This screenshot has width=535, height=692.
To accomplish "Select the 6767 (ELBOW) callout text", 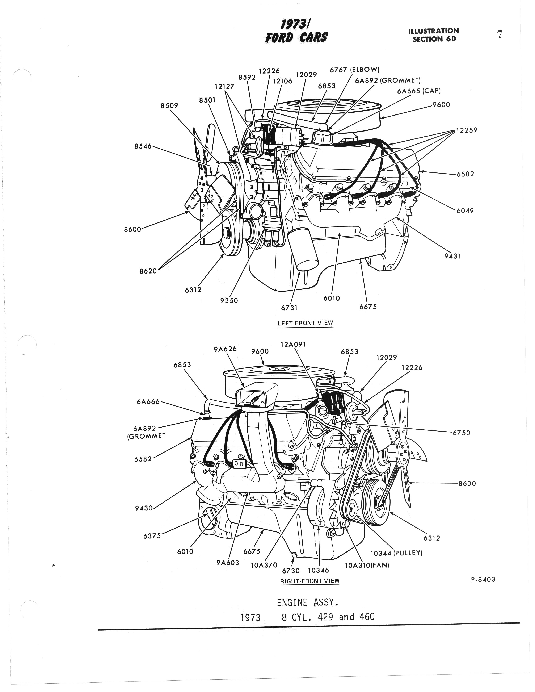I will tap(354, 70).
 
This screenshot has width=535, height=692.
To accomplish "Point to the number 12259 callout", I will tap(466, 130).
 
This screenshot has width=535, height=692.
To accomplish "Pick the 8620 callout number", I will tap(148, 271).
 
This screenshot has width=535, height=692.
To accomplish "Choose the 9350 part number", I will tap(229, 300).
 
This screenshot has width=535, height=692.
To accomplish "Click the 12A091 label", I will tap(293, 344).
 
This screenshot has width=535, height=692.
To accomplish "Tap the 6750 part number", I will tap(462, 433).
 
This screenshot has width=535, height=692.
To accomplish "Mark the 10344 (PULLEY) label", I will tap(396, 553).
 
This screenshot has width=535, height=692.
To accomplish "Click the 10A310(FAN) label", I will tap(366, 565).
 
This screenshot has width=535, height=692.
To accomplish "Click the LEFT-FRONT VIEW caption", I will tap(305, 323).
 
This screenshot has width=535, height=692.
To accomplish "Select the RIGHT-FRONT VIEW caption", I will tap(309, 581).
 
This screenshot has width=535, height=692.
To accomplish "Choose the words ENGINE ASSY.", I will tap(308, 603).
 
